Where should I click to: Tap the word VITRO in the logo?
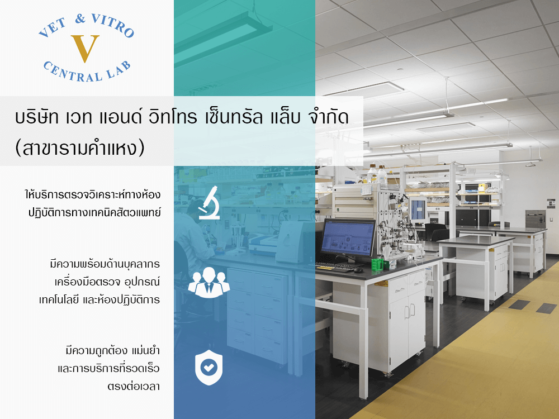click(x=113, y=25)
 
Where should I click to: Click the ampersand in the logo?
click(x=81, y=18)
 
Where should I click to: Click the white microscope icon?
click(x=210, y=203)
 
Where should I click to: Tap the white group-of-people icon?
click(x=209, y=282)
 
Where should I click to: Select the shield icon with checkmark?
click(x=209, y=368)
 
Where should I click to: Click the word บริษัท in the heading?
click(x=37, y=117)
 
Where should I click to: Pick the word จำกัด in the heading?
click(x=328, y=117)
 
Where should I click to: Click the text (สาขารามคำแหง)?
click(x=80, y=148)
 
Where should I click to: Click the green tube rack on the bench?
click(x=377, y=264)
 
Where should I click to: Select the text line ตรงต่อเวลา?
click(x=134, y=386)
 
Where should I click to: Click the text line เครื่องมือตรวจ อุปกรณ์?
click(x=107, y=282)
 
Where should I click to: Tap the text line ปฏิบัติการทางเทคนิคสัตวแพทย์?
click(x=94, y=213)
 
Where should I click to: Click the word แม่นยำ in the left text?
click(x=145, y=351)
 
